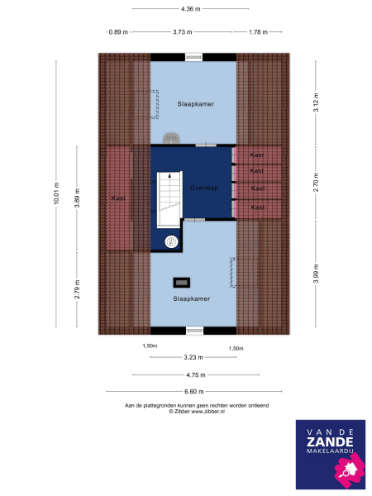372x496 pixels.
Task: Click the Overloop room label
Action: (203, 187)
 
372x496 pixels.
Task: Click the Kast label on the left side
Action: (118, 198)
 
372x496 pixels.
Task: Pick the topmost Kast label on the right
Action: (257, 155)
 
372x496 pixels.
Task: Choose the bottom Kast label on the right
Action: (257, 207)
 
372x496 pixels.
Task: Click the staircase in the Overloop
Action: (168, 198)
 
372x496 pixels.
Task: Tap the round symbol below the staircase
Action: (171, 241)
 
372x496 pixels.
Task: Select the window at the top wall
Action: (193, 57)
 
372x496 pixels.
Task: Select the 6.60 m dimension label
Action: (193, 391)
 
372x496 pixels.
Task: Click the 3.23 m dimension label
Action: (193, 357)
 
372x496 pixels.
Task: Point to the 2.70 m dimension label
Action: (316, 187)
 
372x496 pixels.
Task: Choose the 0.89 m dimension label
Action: (118, 32)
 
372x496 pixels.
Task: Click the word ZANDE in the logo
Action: (330, 442)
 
